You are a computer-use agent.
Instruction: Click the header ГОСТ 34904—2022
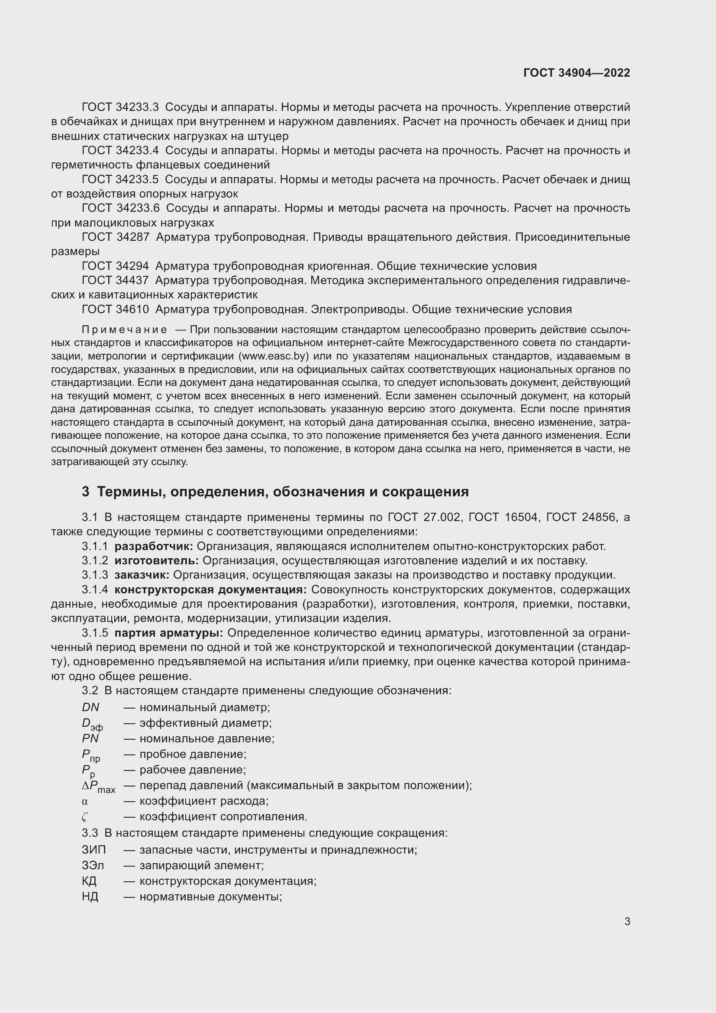click(576, 73)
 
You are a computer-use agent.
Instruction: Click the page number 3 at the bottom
click(627, 921)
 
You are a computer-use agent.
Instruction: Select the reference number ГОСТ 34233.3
click(120, 107)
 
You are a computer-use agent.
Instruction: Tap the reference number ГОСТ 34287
click(116, 237)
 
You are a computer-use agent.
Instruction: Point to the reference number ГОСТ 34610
click(116, 309)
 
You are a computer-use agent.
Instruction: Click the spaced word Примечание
click(124, 330)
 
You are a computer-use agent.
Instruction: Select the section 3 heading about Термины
click(275, 492)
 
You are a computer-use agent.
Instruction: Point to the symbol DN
click(90, 707)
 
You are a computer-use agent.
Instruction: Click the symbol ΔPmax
click(98, 786)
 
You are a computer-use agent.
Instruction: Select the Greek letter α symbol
click(85, 801)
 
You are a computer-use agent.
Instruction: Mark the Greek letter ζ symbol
click(84, 817)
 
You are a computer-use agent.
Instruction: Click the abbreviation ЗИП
click(94, 850)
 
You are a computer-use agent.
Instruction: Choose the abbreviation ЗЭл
click(93, 865)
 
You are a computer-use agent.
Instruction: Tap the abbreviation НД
click(90, 896)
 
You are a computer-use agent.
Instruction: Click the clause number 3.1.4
click(95, 589)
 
